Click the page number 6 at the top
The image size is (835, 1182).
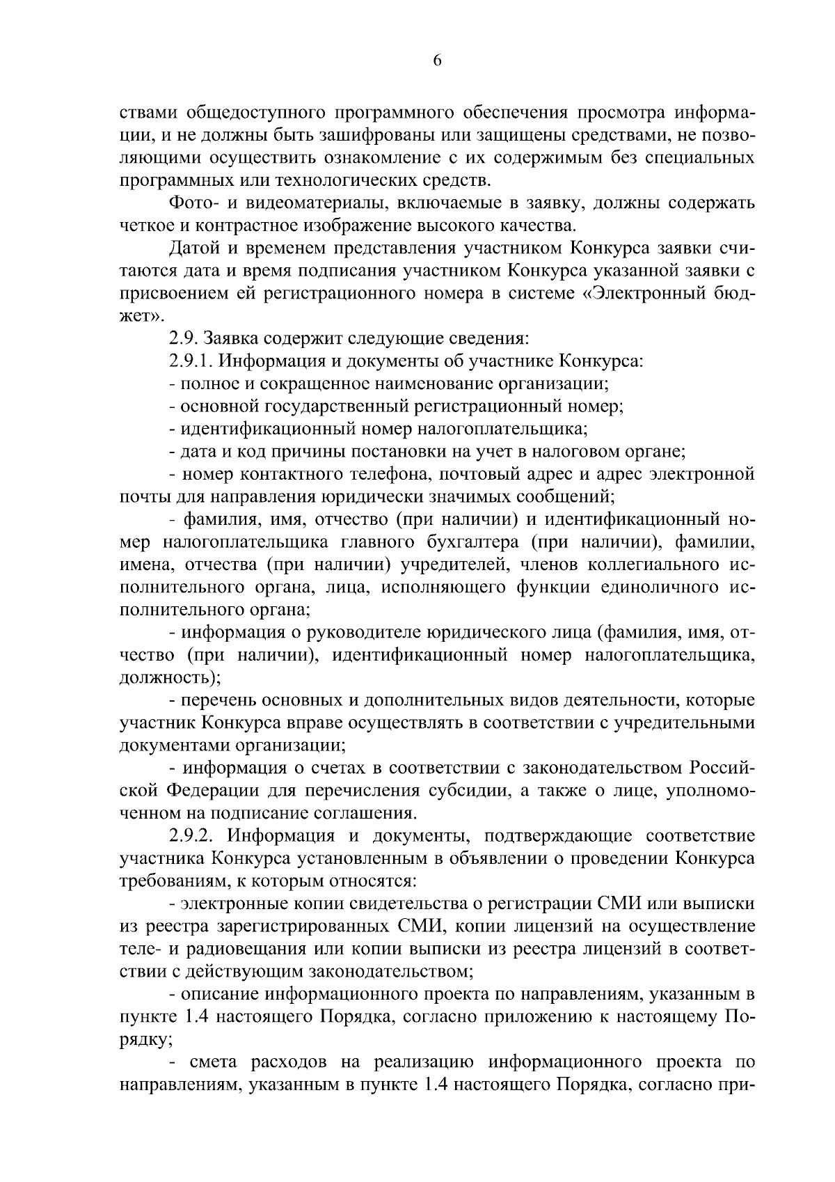click(437, 61)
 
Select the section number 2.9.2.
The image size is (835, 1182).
click(192, 836)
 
